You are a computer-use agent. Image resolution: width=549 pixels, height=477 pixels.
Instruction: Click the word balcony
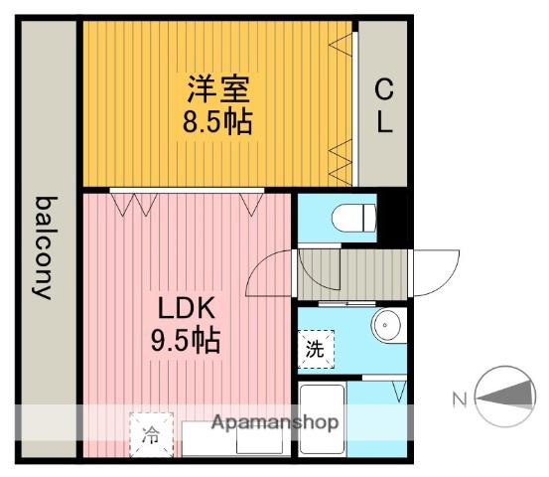[46, 247]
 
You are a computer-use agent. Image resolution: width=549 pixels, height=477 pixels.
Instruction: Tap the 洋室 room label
[218, 89]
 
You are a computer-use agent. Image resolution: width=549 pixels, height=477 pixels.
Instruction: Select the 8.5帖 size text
[217, 121]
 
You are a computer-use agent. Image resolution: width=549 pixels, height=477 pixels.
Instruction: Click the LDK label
[187, 308]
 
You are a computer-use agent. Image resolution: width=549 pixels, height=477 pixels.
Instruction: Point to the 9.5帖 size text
[186, 339]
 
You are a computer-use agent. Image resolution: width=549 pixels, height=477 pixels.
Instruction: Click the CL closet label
[384, 105]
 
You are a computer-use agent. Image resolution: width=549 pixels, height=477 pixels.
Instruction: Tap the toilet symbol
[353, 218]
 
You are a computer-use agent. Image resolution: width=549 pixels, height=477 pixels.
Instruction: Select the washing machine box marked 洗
[316, 349]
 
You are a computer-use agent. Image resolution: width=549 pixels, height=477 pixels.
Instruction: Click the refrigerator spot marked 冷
[151, 435]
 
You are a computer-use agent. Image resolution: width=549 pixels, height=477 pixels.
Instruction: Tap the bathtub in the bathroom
[322, 418]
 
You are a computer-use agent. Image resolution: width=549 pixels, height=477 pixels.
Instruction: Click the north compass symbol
[505, 397]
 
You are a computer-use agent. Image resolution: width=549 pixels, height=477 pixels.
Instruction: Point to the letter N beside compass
[460, 399]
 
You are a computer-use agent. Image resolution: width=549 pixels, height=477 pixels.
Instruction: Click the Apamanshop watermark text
[275, 422]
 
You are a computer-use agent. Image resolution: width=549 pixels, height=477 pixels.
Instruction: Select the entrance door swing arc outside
[437, 273]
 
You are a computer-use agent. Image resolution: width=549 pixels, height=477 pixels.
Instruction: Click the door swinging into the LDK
[269, 273]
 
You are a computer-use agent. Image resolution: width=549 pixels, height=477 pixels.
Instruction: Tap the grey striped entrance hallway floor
[351, 275]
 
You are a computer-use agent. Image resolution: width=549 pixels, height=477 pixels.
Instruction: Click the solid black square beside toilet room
[392, 218]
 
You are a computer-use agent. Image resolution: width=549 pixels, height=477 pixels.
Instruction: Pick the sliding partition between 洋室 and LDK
[187, 191]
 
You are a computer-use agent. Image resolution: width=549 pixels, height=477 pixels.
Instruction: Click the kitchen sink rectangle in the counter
[259, 441]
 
